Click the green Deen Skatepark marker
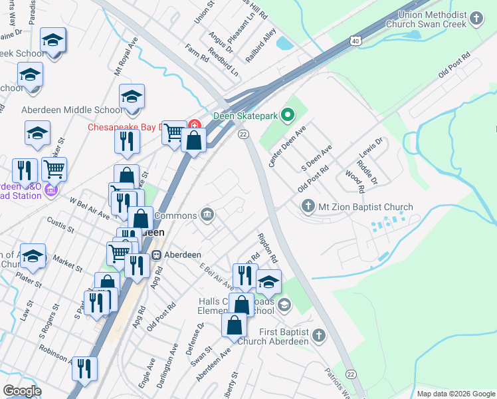coord(287,116)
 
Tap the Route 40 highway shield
coord(357,41)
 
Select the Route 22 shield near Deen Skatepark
coord(243,134)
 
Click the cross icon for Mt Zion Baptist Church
coord(308,207)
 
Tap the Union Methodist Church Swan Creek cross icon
coord(476,19)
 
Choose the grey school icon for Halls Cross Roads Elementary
coord(284,305)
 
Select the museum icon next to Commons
coord(207,215)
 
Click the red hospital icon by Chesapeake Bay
coord(195,125)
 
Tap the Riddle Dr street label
coord(366,172)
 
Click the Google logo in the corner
coord(21,391)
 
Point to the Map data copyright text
coord(455,394)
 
